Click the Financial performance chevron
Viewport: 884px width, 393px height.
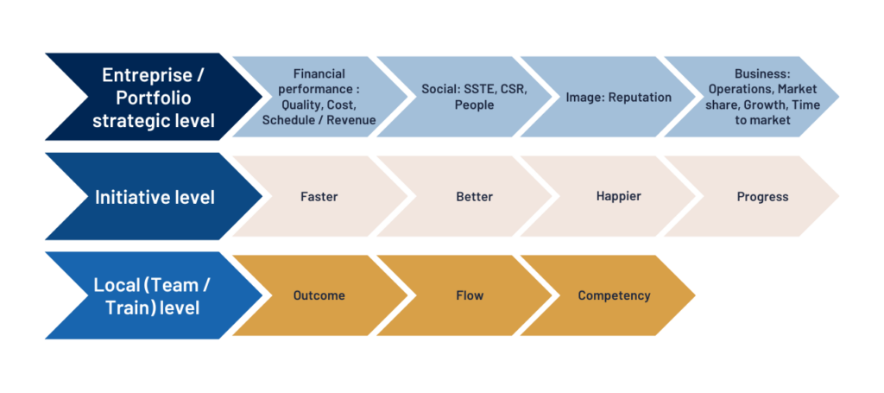pyautogui.click(x=319, y=97)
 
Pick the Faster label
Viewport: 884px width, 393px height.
pyautogui.click(x=319, y=197)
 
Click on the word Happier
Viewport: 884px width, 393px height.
pyautogui.click(x=618, y=197)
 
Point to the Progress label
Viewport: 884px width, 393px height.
pyautogui.click(x=762, y=197)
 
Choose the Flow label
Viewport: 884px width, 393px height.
pyautogui.click(x=470, y=295)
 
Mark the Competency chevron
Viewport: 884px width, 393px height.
pyautogui.click(x=609, y=295)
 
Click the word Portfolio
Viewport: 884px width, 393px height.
pyautogui.click(x=154, y=98)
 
